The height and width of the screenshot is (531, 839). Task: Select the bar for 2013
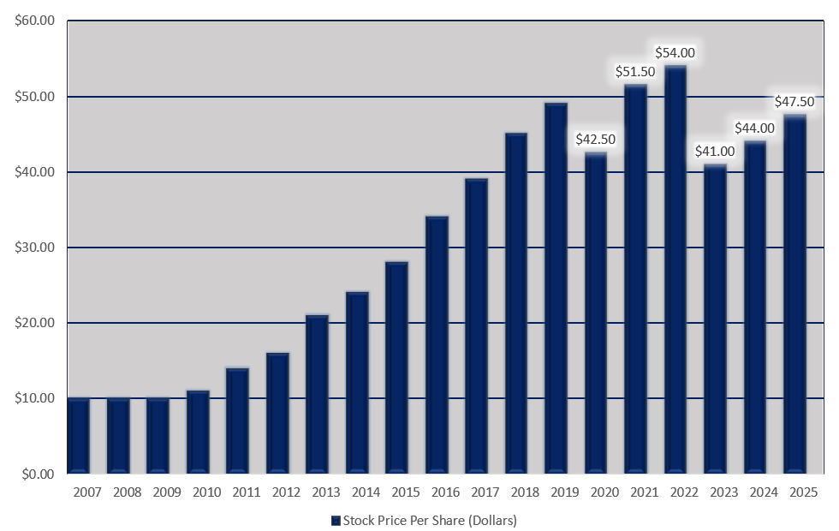click(317, 394)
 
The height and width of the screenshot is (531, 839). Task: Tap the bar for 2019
click(556, 288)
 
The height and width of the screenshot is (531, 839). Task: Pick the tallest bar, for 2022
click(675, 269)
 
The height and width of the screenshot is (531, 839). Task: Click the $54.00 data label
click(675, 52)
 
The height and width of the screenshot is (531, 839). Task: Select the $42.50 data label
click(596, 139)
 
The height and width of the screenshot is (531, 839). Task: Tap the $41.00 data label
click(716, 151)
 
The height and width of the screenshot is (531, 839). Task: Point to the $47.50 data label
click(794, 101)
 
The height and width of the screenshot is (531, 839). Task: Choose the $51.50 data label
click(635, 72)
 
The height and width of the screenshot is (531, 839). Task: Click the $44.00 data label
click(755, 128)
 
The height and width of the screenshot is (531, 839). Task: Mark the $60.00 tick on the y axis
click(35, 21)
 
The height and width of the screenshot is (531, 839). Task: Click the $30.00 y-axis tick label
click(35, 248)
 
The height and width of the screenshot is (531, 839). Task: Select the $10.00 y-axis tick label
click(35, 398)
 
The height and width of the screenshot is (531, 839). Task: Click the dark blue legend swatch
click(336, 521)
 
